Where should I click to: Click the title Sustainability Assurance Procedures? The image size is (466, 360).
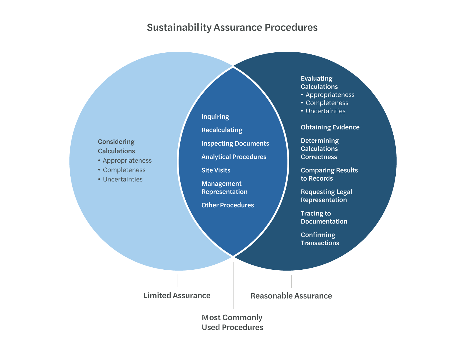[232, 27]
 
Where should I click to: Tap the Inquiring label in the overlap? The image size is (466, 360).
[215, 117]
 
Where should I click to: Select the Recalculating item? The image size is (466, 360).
[222, 130]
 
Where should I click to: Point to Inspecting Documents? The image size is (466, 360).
[235, 144]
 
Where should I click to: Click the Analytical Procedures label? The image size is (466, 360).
[234, 157]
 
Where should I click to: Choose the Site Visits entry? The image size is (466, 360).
[216, 170]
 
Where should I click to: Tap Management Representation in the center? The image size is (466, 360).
[224, 188]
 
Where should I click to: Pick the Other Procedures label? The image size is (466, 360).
[227, 205]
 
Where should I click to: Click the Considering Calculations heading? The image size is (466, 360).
[116, 146]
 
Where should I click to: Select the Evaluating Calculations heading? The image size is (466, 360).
[319, 83]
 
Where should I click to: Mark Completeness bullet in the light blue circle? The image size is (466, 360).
[124, 170]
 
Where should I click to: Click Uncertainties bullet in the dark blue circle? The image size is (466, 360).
[325, 111]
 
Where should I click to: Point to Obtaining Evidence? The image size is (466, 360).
[330, 127]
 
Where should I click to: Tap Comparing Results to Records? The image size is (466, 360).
[329, 174]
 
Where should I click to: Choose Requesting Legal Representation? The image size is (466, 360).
[326, 196]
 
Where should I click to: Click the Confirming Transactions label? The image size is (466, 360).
[320, 239]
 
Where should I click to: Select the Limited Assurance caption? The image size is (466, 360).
[177, 296]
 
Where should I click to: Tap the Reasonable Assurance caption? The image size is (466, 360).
[291, 296]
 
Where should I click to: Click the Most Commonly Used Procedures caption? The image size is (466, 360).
[232, 322]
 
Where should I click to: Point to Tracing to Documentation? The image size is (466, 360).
[324, 217]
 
